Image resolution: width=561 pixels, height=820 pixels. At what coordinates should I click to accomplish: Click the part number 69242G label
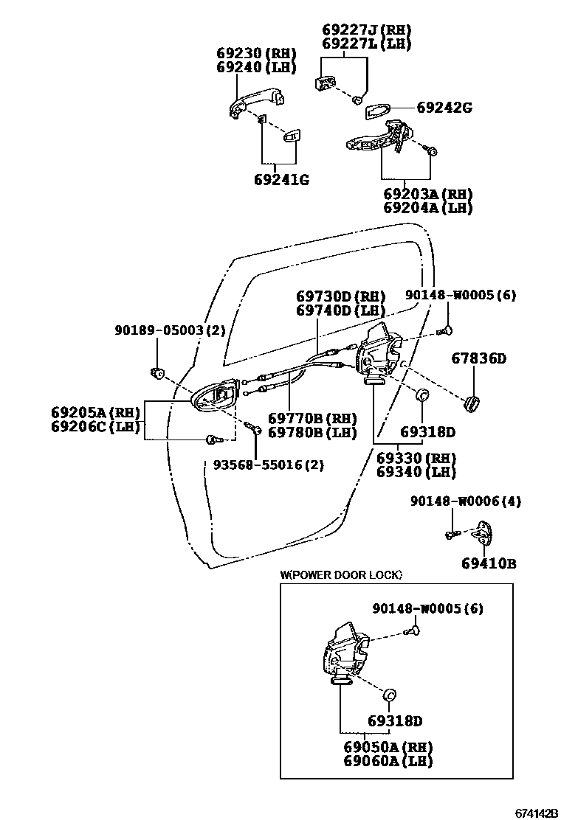(x=444, y=108)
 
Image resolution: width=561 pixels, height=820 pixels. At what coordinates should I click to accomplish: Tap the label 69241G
(x=282, y=179)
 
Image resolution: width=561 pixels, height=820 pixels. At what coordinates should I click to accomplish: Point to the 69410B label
(x=489, y=564)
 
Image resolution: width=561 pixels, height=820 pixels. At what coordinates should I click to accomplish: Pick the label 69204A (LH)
(x=428, y=208)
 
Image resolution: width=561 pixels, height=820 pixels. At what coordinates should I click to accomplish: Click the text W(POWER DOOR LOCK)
(x=341, y=574)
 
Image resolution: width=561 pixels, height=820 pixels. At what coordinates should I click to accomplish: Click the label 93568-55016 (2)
(x=268, y=465)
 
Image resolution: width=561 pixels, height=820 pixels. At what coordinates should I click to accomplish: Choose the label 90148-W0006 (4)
(x=465, y=501)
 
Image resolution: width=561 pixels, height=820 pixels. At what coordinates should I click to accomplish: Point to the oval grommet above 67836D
(x=470, y=403)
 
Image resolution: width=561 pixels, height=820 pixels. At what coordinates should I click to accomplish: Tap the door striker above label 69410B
(x=485, y=532)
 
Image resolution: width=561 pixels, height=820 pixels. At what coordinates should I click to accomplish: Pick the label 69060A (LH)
(x=388, y=761)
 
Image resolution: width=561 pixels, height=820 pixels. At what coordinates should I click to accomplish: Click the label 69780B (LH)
(x=312, y=432)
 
